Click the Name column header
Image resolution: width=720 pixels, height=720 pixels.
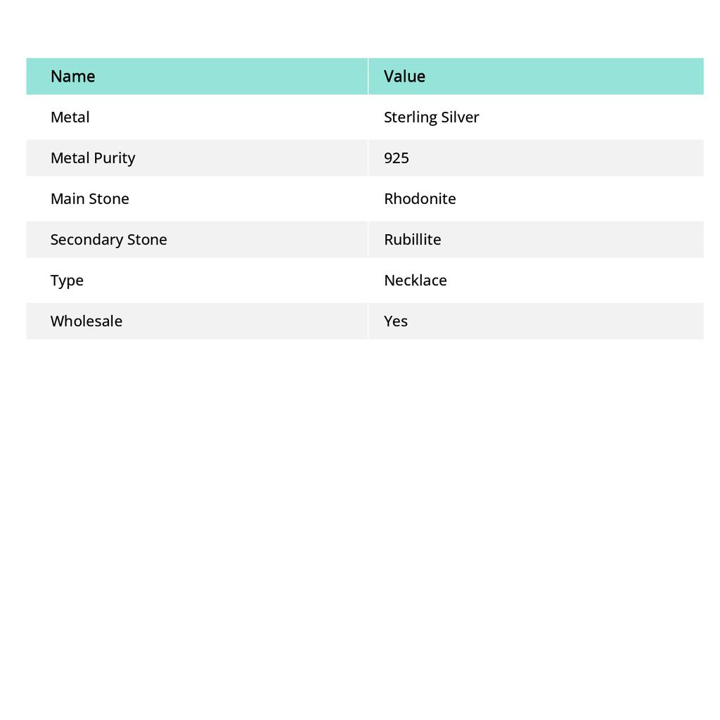click(x=73, y=77)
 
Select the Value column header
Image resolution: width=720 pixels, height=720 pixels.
click(x=404, y=77)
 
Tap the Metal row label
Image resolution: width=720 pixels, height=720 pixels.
click(x=70, y=117)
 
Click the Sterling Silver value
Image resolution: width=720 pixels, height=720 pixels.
click(x=431, y=117)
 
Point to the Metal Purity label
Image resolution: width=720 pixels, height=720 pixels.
click(x=93, y=158)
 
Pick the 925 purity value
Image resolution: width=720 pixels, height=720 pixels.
click(x=397, y=158)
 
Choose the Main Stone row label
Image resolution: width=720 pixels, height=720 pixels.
click(x=90, y=199)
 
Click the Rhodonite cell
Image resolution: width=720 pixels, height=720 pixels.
click(x=420, y=199)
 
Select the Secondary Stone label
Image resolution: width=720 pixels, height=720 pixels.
click(x=109, y=240)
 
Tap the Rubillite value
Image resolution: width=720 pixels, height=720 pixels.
click(x=413, y=240)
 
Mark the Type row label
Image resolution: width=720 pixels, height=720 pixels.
click(x=67, y=281)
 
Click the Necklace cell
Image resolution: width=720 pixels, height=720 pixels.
click(x=416, y=281)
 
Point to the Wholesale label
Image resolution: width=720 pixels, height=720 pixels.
click(x=86, y=321)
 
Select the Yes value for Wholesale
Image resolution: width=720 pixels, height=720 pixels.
click(x=396, y=321)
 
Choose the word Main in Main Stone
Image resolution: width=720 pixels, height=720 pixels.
click(x=66, y=199)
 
